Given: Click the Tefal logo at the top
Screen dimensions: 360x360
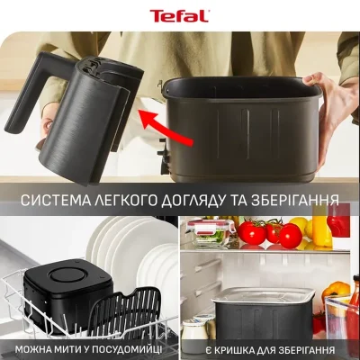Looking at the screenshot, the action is click(179, 16).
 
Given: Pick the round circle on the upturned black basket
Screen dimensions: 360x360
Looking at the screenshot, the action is click(67, 275).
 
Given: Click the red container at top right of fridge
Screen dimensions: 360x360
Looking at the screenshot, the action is click(339, 221).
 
